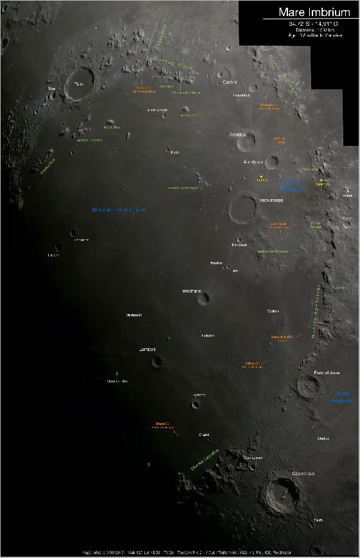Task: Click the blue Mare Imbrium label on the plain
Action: (120, 210)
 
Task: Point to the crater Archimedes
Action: (244, 208)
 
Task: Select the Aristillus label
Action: (238, 134)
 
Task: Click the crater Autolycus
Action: (271, 162)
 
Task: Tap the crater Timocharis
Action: (203, 298)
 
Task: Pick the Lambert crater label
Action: (148, 349)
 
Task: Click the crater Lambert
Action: (157, 361)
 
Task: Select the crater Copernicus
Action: (282, 494)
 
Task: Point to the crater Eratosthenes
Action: (308, 386)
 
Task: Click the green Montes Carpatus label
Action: (205, 458)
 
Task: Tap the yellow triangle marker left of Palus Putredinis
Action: (261, 175)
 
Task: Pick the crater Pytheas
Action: (195, 404)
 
